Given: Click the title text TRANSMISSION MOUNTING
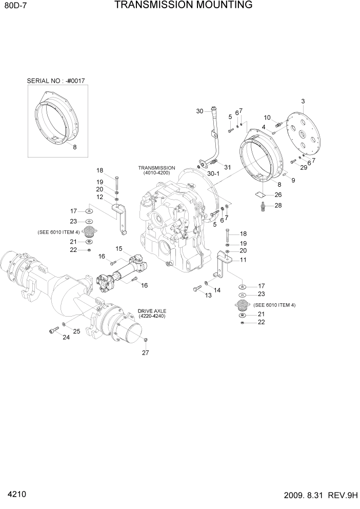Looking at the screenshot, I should coord(183,6).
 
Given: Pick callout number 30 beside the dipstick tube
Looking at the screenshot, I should coord(200,111).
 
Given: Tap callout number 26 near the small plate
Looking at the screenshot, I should coord(278,194).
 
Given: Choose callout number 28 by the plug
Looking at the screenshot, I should coord(278,205).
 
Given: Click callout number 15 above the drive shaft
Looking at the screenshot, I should coord(118,249).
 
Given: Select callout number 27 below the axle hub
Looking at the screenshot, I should coord(145,353).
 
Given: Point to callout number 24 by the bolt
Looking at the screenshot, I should coord(66,337).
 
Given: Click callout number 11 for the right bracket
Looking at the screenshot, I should coord(243,260).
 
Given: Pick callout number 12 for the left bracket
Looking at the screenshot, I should coord(99,197).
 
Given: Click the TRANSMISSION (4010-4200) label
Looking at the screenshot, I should coord(156,171).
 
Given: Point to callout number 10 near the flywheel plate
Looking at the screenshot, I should coord(267,118).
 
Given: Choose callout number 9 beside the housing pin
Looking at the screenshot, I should coord(293,180).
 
